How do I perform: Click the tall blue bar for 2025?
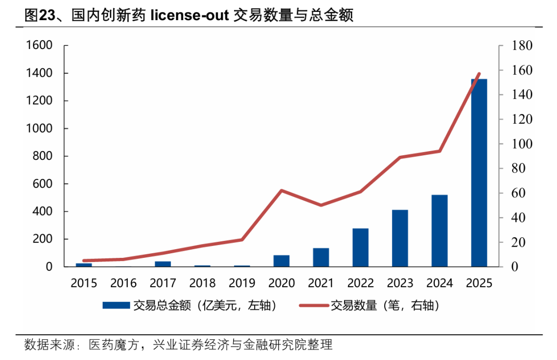(479, 173)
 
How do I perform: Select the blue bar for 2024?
(439, 231)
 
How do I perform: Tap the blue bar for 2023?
(400, 238)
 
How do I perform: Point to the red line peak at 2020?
(282, 190)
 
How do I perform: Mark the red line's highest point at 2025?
(479, 74)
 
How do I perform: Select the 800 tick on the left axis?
(43, 156)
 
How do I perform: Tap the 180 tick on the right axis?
(521, 45)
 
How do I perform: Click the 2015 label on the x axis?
(84, 283)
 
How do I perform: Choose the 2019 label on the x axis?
(242, 283)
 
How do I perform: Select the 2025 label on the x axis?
(479, 283)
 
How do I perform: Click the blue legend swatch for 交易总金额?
(116, 306)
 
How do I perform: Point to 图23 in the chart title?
(39, 15)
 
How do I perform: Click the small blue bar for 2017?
(163, 264)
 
